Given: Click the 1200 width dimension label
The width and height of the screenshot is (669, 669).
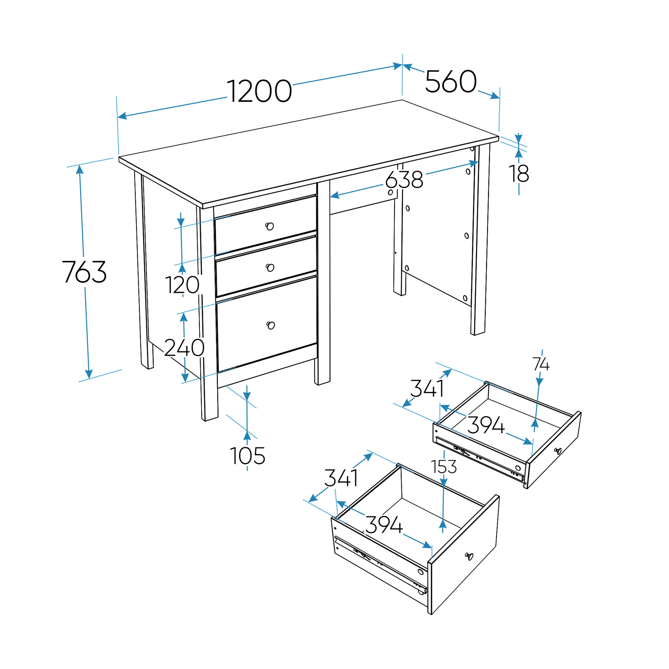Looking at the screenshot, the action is pos(259,91).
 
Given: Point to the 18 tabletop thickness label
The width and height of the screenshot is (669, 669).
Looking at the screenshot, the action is pos(519,173).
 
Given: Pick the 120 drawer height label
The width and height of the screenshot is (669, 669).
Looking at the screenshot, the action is pos(182,285).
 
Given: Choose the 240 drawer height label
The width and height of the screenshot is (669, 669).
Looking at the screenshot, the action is pos(184,348).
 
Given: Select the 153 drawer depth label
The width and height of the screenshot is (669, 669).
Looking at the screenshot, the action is pos(444,467).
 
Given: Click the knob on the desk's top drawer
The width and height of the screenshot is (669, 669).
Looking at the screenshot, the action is pos(270,226).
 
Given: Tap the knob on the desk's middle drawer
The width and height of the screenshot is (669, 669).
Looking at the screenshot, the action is pos(270,267).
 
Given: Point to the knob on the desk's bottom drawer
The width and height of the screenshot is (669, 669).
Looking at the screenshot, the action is pos(271,325).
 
